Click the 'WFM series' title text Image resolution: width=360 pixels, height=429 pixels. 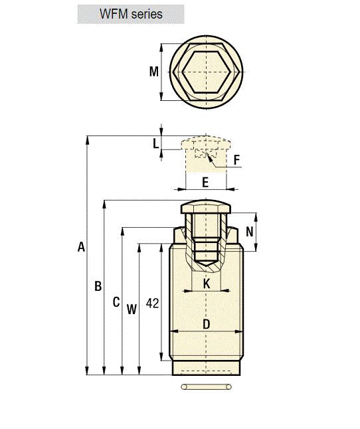(131, 14)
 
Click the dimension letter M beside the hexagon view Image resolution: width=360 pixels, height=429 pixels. (154, 72)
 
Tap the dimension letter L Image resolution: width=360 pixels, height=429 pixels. (155, 143)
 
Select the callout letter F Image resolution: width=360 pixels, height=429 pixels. (237, 160)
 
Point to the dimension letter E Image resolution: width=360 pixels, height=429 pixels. (205, 182)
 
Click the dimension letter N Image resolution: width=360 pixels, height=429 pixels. (250, 232)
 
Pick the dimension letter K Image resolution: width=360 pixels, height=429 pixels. (207, 284)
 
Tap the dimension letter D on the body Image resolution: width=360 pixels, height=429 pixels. (207, 324)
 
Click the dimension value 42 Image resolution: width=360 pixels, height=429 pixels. (152, 303)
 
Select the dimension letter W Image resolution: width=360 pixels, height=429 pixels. (132, 309)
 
